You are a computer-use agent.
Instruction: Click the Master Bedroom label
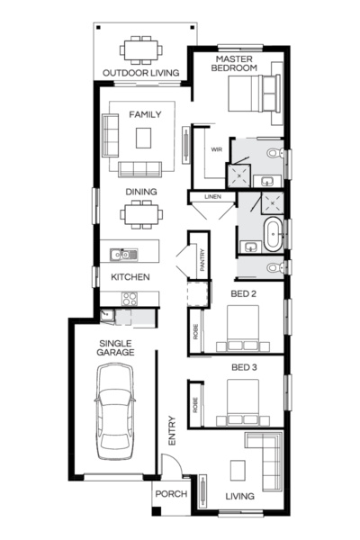click(x=237, y=63)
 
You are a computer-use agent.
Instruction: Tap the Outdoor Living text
click(x=139, y=73)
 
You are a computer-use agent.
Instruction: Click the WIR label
click(x=216, y=149)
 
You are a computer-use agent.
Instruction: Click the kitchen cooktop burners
click(x=130, y=299)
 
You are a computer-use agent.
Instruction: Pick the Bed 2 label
click(x=244, y=293)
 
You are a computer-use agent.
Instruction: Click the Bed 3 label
click(x=244, y=368)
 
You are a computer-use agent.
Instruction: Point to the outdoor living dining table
click(x=139, y=47)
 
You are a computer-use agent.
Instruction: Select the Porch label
click(x=170, y=494)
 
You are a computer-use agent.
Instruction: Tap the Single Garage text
click(x=115, y=348)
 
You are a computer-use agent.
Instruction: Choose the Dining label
click(x=141, y=192)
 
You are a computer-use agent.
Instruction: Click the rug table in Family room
click(x=144, y=138)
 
